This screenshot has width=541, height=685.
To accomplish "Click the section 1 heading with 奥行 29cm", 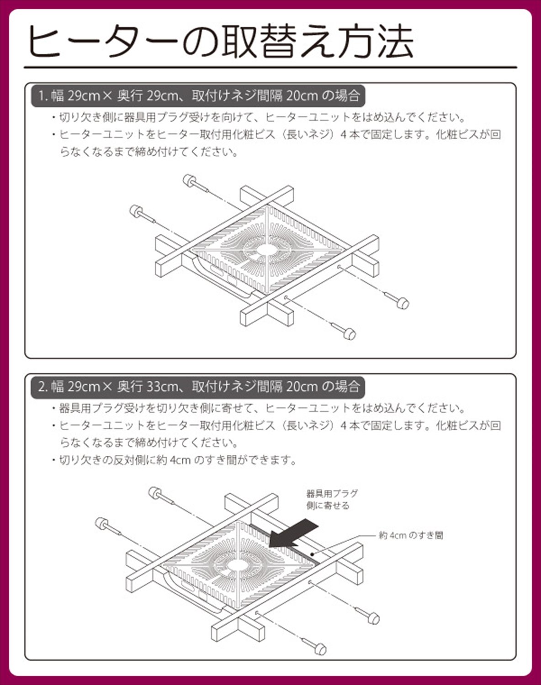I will click(199, 96).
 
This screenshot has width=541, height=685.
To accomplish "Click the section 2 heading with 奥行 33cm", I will click(199, 387).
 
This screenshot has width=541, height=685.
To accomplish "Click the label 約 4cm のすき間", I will click(410, 535).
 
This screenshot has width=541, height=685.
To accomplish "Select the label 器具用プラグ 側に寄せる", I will click(332, 499).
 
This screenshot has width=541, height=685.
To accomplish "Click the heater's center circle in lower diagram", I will click(237, 565).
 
